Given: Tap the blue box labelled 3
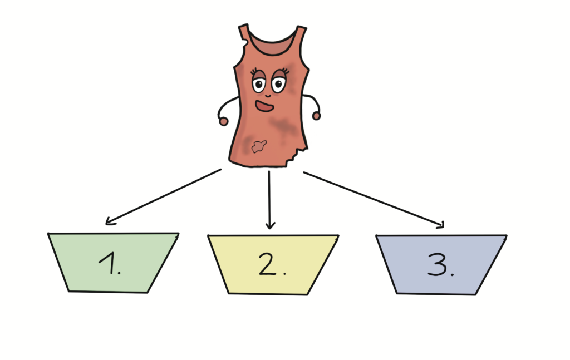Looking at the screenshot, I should coord(440,265).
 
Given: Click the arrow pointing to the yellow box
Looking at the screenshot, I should coord(270,200).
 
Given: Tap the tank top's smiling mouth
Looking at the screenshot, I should coord(264,105).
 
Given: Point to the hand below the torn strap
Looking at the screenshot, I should coord(223,121).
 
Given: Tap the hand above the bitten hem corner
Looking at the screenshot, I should coord(316,116).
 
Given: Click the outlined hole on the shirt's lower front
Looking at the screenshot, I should coord(258,146).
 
